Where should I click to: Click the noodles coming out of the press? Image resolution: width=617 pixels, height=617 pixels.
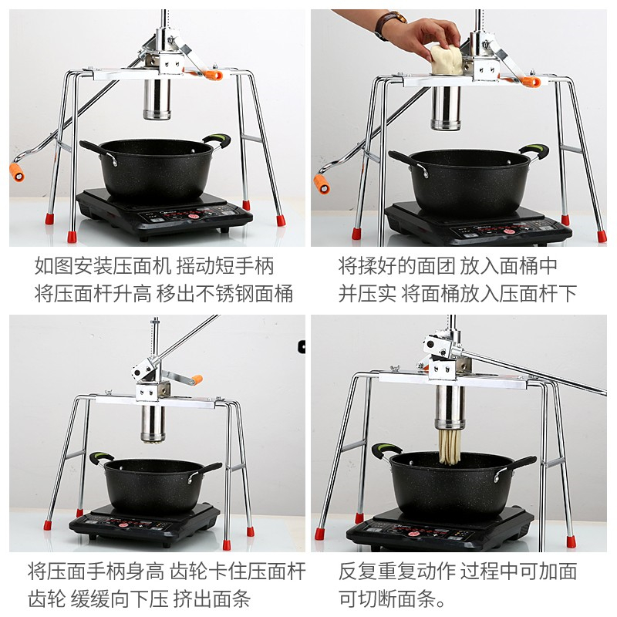449,447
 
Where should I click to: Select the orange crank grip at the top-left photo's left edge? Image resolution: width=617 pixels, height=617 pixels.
17,172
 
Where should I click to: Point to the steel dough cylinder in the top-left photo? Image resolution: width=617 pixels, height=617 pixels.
157,99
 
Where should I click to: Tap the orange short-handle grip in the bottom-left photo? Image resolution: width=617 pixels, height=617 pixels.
197,379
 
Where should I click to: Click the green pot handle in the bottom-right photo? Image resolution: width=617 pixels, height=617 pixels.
386,450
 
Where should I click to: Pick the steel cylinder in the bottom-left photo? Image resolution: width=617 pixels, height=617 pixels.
153,423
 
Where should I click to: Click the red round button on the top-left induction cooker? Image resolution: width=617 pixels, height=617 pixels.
194,216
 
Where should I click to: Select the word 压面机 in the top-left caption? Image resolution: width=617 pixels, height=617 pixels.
142,265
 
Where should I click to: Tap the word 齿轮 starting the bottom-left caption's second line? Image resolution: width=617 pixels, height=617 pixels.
47,599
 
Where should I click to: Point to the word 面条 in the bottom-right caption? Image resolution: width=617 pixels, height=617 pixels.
416,599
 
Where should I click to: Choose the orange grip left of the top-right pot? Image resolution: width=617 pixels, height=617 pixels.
322,185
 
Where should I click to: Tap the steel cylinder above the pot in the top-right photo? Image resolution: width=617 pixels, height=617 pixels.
446,108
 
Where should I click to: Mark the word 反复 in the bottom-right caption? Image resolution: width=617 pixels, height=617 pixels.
358,571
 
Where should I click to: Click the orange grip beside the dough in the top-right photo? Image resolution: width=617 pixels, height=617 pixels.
531,83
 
